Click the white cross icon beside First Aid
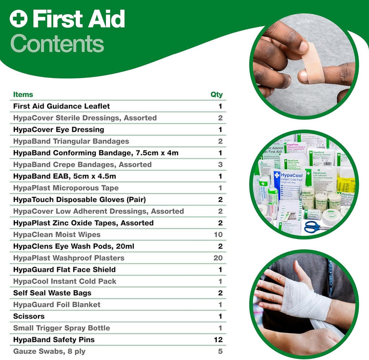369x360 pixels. [x=18, y=20]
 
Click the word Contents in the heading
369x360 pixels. [x=57, y=44]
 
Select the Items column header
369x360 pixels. [x=23, y=94]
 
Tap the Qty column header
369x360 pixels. [x=217, y=94]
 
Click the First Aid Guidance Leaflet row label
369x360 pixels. [x=61, y=106]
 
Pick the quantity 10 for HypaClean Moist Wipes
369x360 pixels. [x=218, y=234]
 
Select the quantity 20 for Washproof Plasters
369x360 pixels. [x=218, y=258]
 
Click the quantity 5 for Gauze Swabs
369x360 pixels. [x=220, y=351]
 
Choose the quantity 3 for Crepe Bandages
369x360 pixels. [x=220, y=165]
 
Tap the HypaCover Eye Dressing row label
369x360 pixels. [x=58, y=130]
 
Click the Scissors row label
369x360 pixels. [x=29, y=316]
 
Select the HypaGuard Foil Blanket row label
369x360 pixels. [x=57, y=305]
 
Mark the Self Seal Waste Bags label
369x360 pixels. [x=52, y=293]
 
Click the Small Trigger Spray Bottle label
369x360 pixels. [x=61, y=328]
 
